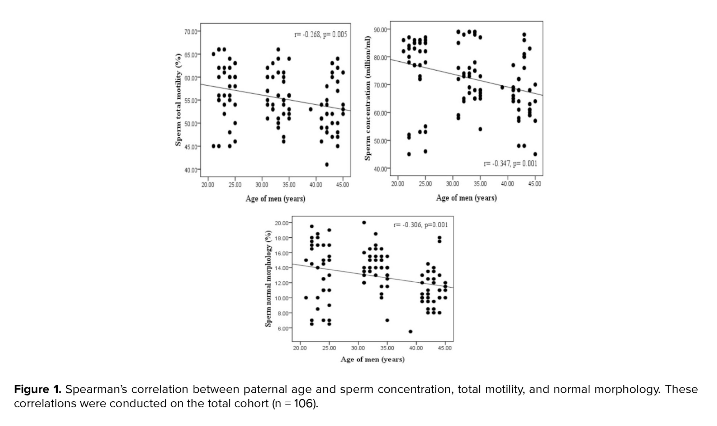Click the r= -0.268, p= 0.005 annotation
(320, 35)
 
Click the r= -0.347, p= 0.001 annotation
(510, 164)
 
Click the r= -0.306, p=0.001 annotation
(421, 225)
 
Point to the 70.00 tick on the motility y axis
(191, 32)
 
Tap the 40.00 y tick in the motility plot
(191, 170)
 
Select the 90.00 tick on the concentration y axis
(380, 29)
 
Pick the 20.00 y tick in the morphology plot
(282, 223)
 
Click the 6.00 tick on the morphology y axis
(283, 328)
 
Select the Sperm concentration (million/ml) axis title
(367, 98)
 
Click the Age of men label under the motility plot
(275, 199)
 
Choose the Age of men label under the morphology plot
(372, 359)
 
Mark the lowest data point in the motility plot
(327, 165)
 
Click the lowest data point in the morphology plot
(410, 332)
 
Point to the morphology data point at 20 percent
(364, 223)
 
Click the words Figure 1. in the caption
(38, 389)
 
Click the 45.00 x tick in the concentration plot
(535, 184)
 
